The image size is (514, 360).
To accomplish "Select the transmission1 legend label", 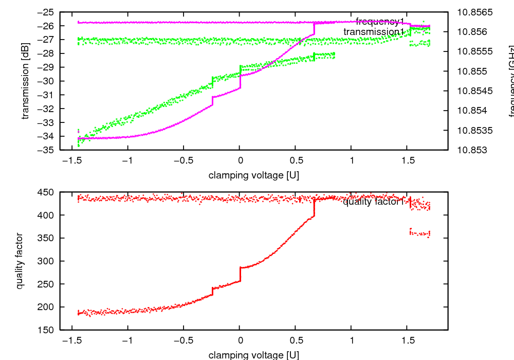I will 374,32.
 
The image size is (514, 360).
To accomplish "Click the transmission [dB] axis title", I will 25,81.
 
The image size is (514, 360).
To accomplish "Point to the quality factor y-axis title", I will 20,261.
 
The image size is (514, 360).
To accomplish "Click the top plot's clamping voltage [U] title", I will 253,175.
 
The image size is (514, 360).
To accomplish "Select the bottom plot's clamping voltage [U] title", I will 253,355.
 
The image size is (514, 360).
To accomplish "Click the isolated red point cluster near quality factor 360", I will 419,233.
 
